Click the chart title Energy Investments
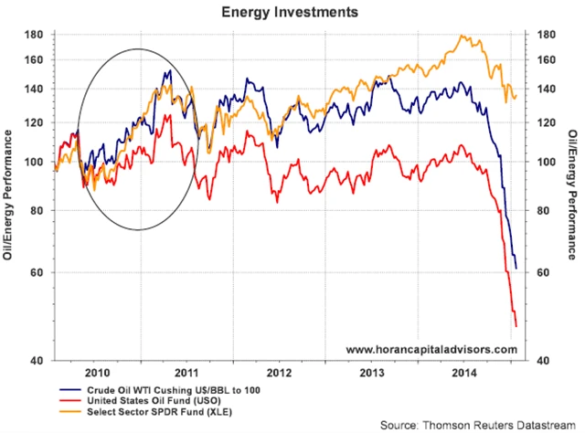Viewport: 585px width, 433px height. click(292, 13)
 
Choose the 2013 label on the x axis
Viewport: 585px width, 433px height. click(370, 373)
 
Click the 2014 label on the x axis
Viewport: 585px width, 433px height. click(463, 373)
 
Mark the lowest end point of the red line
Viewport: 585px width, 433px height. click(516, 325)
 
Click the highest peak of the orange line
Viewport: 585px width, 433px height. click(465, 36)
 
